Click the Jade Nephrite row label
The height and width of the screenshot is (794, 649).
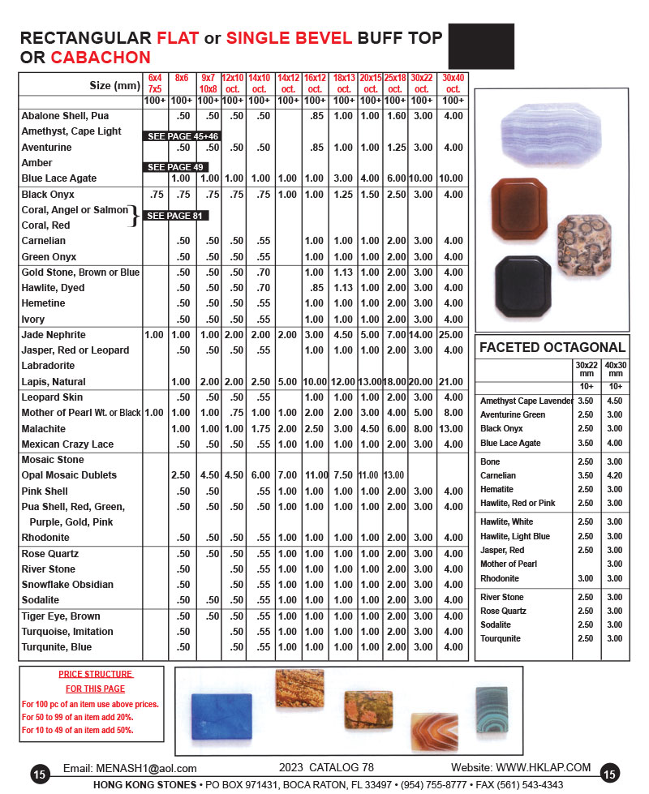point(54,335)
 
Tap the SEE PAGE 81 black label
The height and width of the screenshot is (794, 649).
point(176,216)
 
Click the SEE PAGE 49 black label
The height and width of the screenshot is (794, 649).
point(176,167)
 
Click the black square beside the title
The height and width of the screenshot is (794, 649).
point(481,45)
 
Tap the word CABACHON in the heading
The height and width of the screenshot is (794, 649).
point(101,58)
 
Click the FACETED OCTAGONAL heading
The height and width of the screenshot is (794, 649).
point(552,348)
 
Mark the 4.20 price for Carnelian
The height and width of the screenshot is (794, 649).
point(616,476)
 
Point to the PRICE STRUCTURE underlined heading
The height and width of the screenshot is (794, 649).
point(96,674)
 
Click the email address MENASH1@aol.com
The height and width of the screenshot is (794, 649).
point(147,768)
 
